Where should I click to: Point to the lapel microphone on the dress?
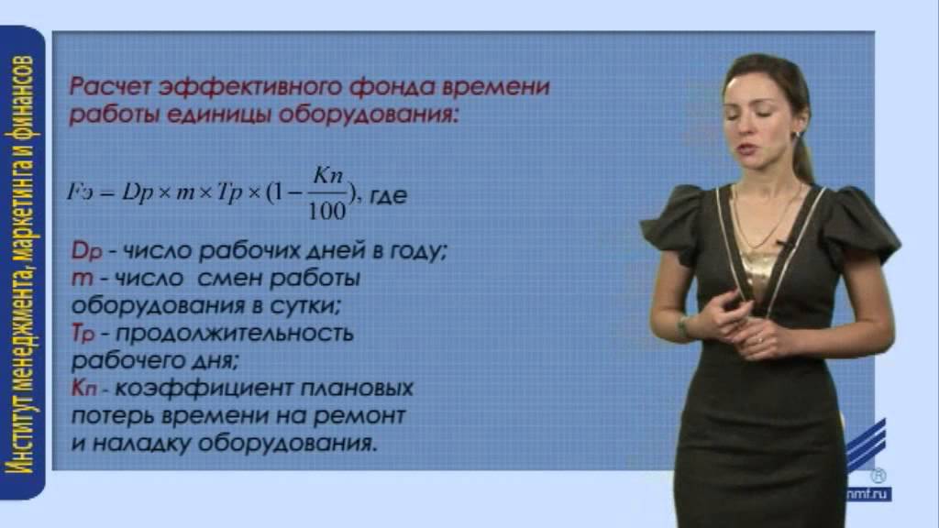click(x=782, y=246)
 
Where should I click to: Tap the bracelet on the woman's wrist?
click(x=683, y=324)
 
